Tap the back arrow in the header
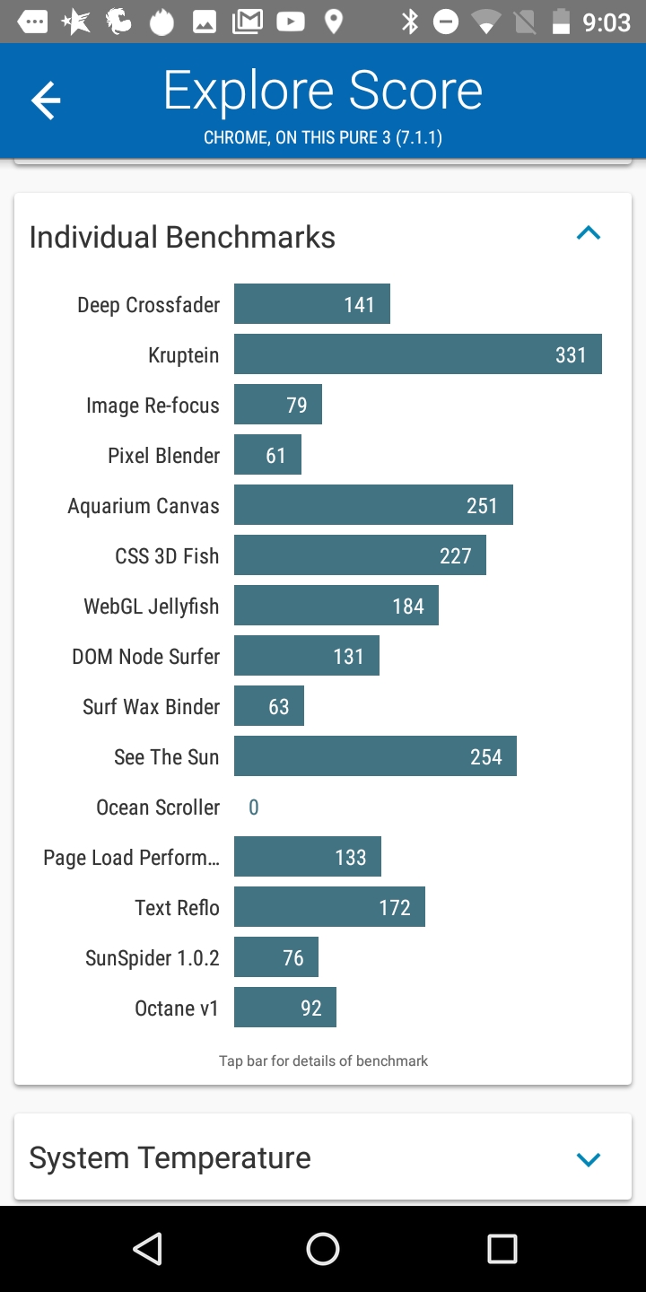coord(46,100)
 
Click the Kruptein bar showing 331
coord(417,354)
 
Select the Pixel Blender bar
coord(267,455)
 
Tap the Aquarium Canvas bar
coord(373,505)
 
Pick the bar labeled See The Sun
coord(375,756)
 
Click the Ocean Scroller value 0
coord(254,807)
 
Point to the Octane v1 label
coord(177,1008)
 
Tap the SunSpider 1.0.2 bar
coord(276,957)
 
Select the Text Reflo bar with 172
coord(329,907)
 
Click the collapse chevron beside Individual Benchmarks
coord(589,234)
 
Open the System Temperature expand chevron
coord(589,1159)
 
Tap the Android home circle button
coord(323,1248)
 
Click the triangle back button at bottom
coord(147,1248)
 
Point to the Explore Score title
coord(323,92)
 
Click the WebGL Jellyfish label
coord(152,607)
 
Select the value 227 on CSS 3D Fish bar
coord(455,556)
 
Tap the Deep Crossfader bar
coord(312,304)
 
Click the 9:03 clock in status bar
coord(607,22)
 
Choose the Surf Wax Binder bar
coord(269,706)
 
